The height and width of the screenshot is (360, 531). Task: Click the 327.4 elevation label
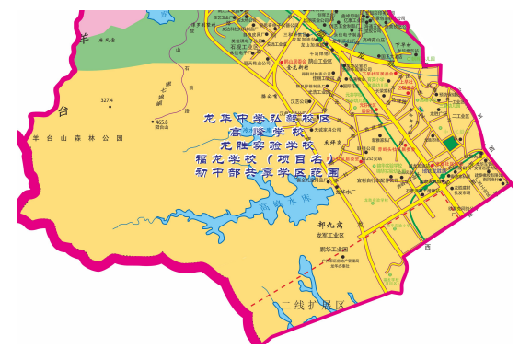(x=106, y=99)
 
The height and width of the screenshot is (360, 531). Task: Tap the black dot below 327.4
(x=110, y=108)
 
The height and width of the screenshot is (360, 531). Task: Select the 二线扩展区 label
(x=312, y=304)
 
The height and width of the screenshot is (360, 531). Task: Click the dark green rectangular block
(x=451, y=144)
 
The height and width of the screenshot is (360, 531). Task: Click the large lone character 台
(x=63, y=111)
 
